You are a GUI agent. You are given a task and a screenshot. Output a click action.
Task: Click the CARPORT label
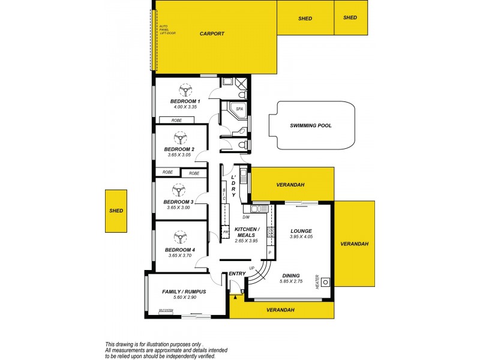pyautogui.click(x=212, y=34)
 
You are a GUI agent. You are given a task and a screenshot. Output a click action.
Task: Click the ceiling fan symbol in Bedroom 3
pyautogui.click(x=178, y=190)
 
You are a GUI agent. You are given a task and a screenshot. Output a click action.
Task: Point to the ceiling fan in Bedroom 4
pyautogui.click(x=178, y=236)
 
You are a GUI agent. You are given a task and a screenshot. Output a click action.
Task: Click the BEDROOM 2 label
pyautogui.click(x=179, y=149)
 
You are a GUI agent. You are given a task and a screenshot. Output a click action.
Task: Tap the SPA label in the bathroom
pyautogui.click(x=239, y=109)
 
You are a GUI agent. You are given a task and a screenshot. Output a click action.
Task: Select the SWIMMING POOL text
pyautogui.click(x=310, y=126)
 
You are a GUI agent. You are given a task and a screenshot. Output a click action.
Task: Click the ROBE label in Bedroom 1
pyautogui.click(x=176, y=121)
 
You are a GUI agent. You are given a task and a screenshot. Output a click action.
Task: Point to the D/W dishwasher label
pyautogui.click(x=246, y=218)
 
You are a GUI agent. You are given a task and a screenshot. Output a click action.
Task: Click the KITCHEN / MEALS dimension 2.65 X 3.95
pyautogui.click(x=246, y=241)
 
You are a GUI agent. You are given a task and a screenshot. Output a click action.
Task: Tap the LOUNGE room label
pyautogui.click(x=301, y=230)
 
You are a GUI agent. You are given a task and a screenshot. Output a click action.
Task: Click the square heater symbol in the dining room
pyautogui.click(x=325, y=281)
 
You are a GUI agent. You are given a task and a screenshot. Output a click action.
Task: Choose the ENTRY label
pyautogui.click(x=237, y=274)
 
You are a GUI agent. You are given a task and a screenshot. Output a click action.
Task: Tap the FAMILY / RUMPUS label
pyautogui.click(x=184, y=292)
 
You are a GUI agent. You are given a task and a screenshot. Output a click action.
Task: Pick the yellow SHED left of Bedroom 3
pyautogui.click(x=116, y=211)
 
